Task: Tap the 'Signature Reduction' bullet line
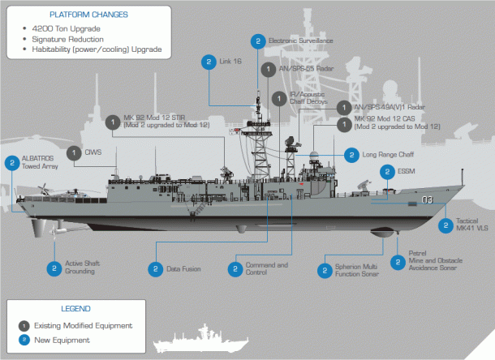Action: tap(67, 39)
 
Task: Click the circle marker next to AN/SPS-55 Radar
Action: tap(269, 70)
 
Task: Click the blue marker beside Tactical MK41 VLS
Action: tap(445, 225)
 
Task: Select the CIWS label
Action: tap(93, 152)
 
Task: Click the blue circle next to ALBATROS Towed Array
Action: tap(12, 162)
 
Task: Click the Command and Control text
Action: tap(266, 268)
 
